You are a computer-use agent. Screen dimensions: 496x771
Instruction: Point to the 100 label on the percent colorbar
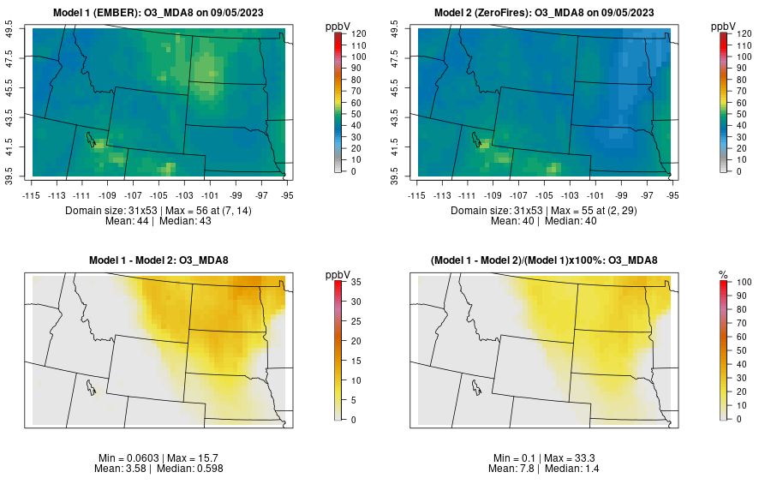coord(744,282)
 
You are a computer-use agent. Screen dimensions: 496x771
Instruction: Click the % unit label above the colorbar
coord(723,274)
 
